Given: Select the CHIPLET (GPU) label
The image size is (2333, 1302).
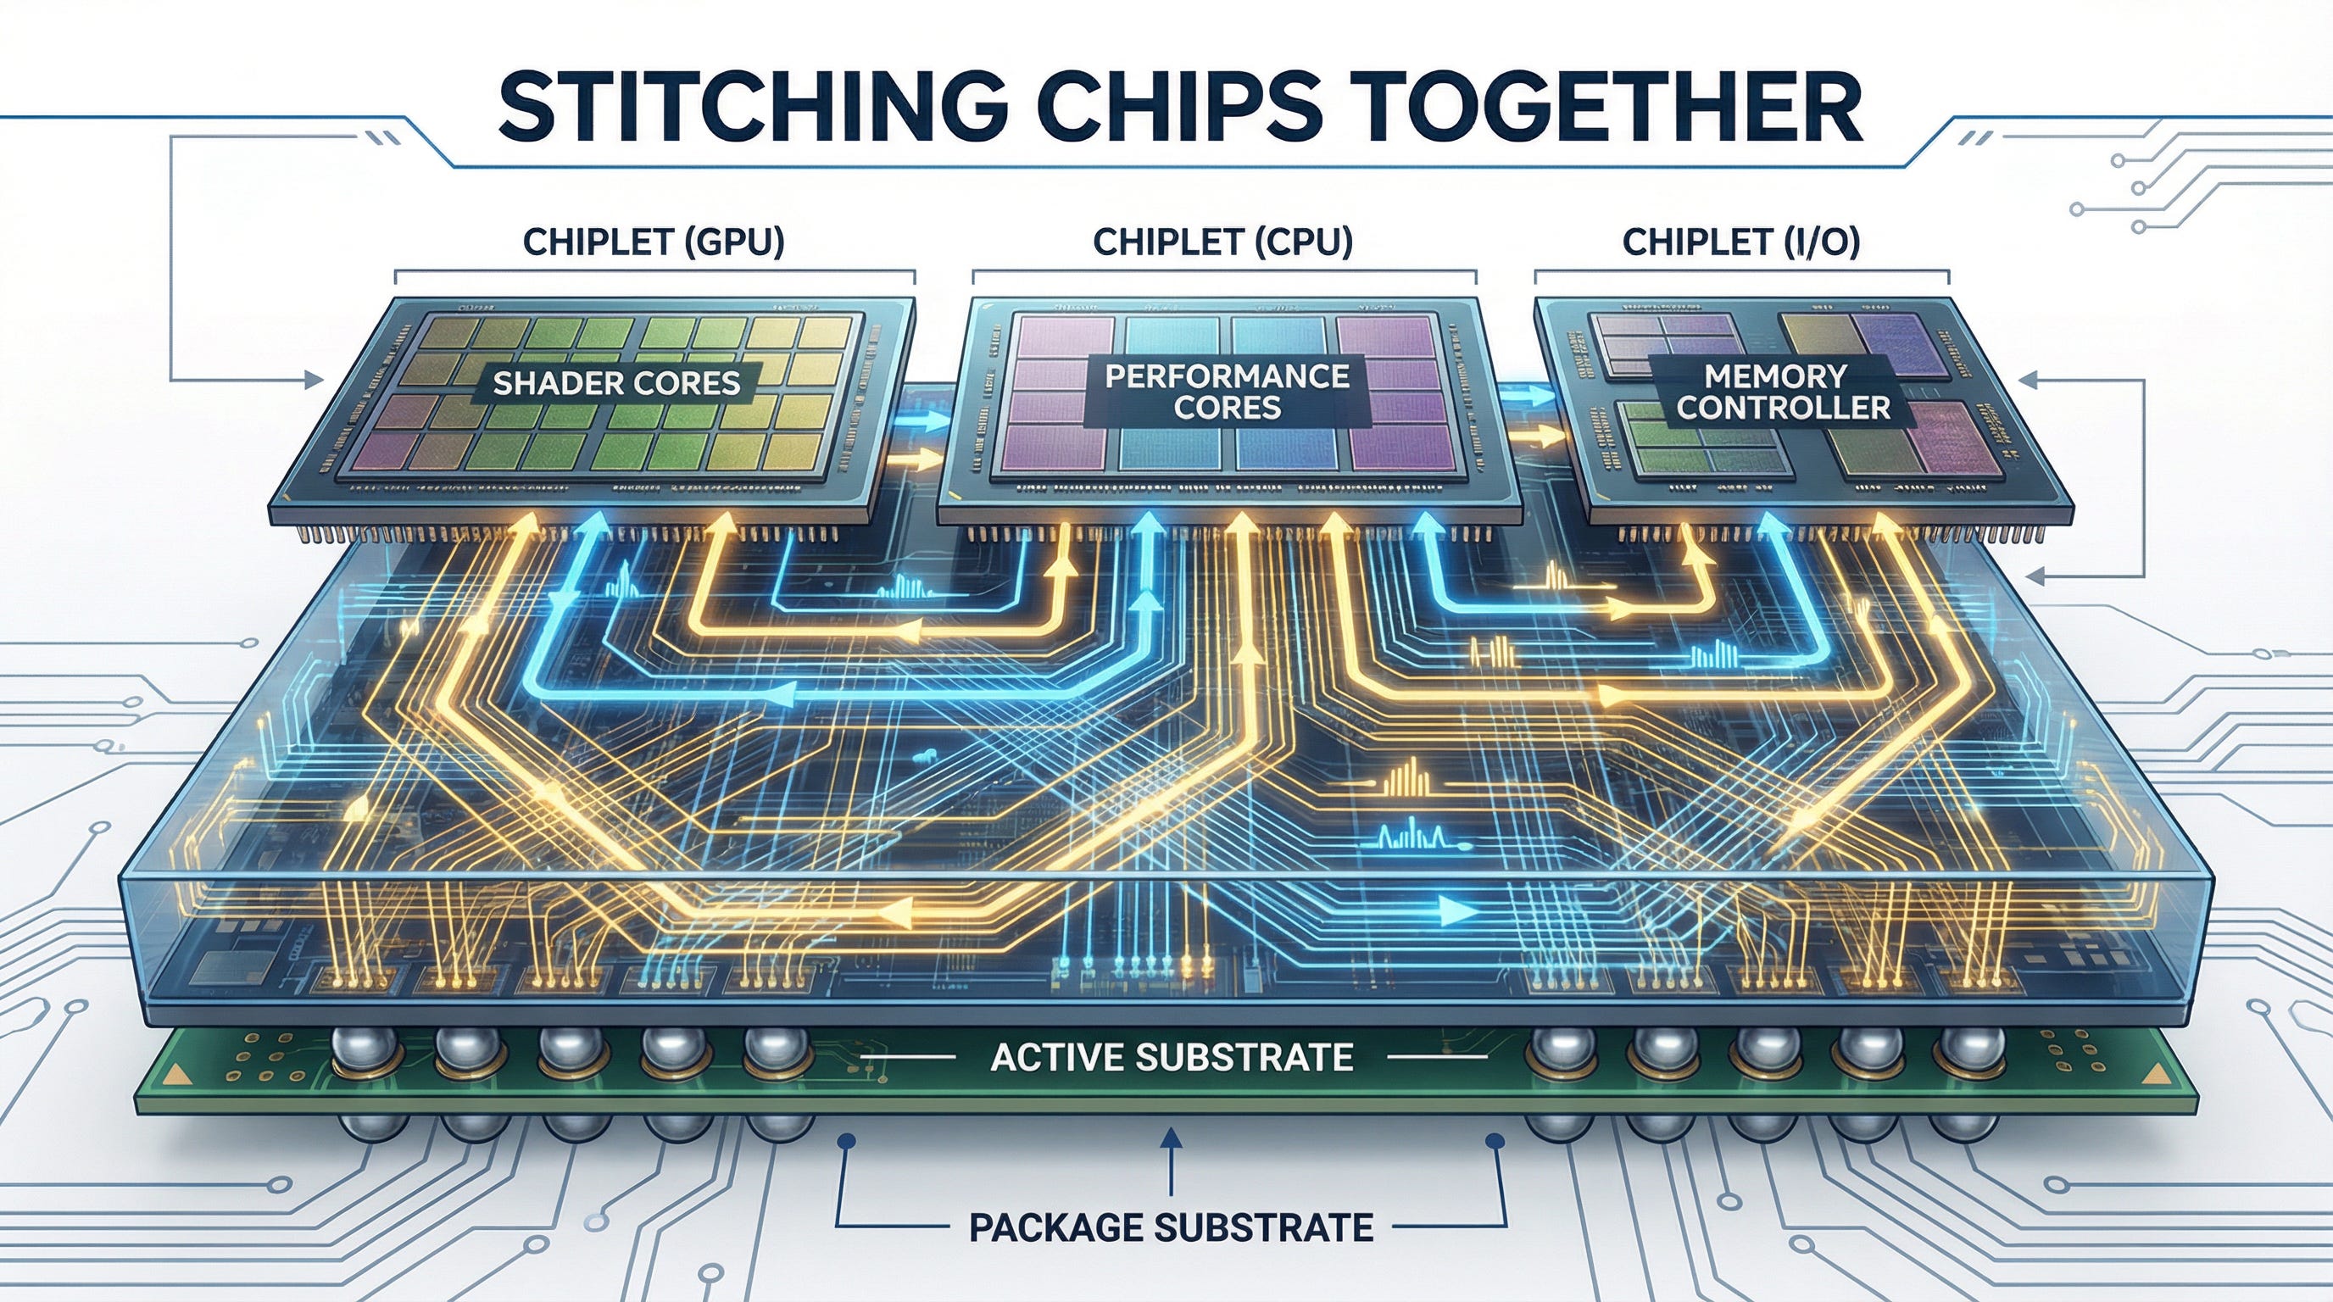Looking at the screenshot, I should pos(654,242).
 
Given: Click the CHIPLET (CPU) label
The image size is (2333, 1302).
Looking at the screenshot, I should pos(1222,242).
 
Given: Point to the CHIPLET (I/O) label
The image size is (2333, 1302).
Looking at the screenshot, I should pos(1740,242).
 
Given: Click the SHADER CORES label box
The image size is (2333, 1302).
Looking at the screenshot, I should pos(617,383).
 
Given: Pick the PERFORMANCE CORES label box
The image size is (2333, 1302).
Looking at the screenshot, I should pos(1228,391).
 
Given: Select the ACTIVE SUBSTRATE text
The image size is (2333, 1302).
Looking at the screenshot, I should pos(1172,1057).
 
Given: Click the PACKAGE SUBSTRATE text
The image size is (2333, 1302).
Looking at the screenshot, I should pos(1171,1227).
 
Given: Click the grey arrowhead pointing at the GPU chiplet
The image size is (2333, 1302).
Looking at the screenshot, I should pos(316,378).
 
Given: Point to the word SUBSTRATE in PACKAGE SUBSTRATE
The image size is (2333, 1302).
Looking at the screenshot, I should pos(1263,1227).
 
